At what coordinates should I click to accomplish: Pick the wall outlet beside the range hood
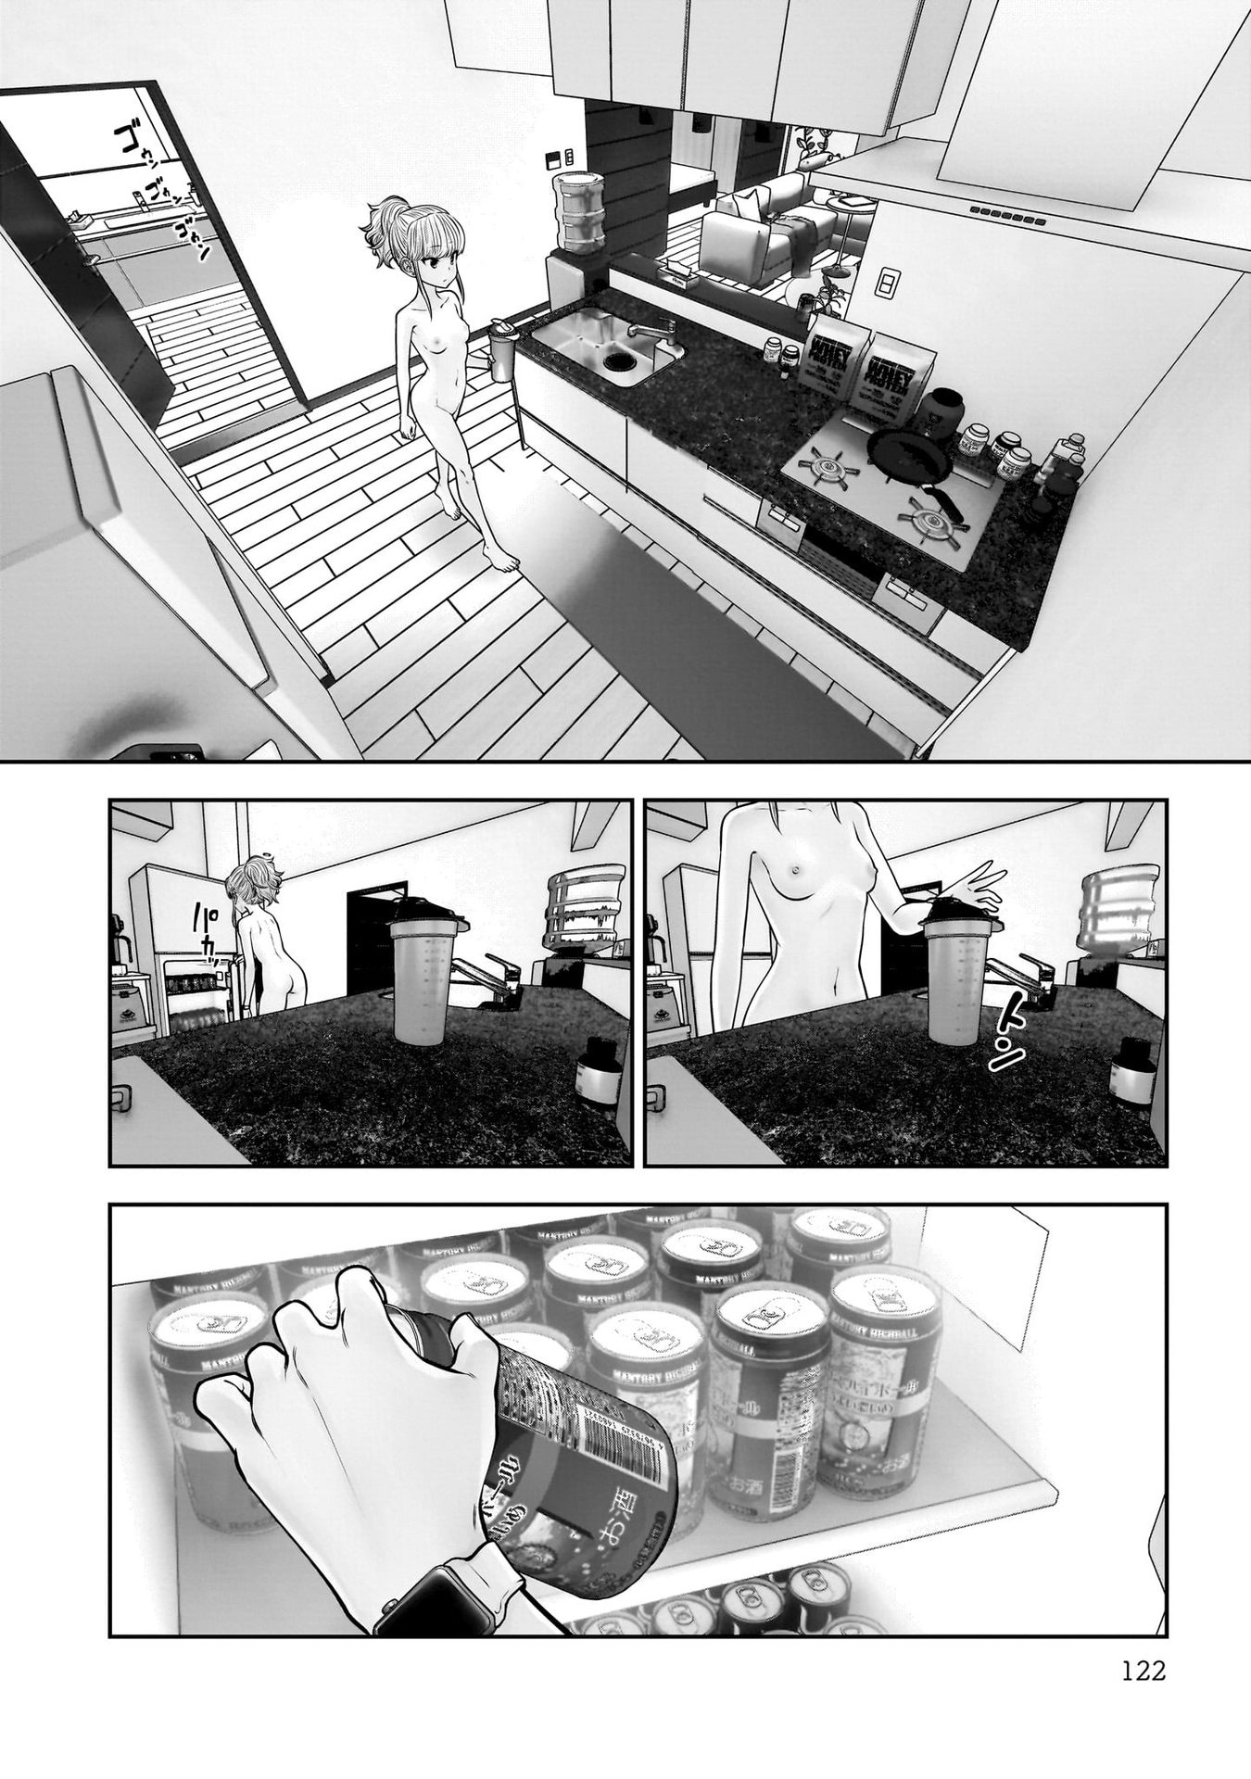[x=887, y=282]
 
